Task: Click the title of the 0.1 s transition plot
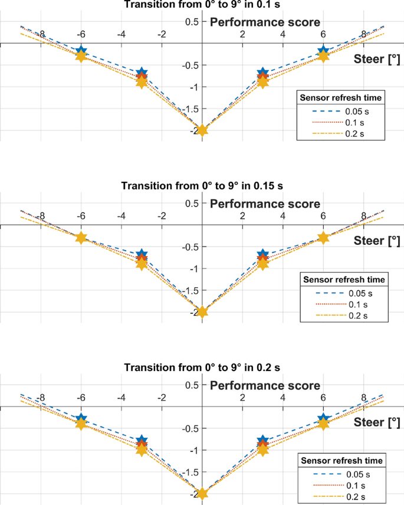click(x=202, y=5)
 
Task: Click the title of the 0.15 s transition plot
click(x=202, y=186)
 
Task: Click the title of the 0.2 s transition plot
click(x=202, y=367)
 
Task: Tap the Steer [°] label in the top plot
click(x=377, y=58)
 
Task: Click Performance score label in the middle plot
click(x=265, y=204)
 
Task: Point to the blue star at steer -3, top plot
click(x=142, y=73)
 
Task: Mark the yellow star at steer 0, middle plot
click(x=202, y=312)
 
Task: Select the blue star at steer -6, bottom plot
click(x=81, y=419)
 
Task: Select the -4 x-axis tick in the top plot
click(x=121, y=34)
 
